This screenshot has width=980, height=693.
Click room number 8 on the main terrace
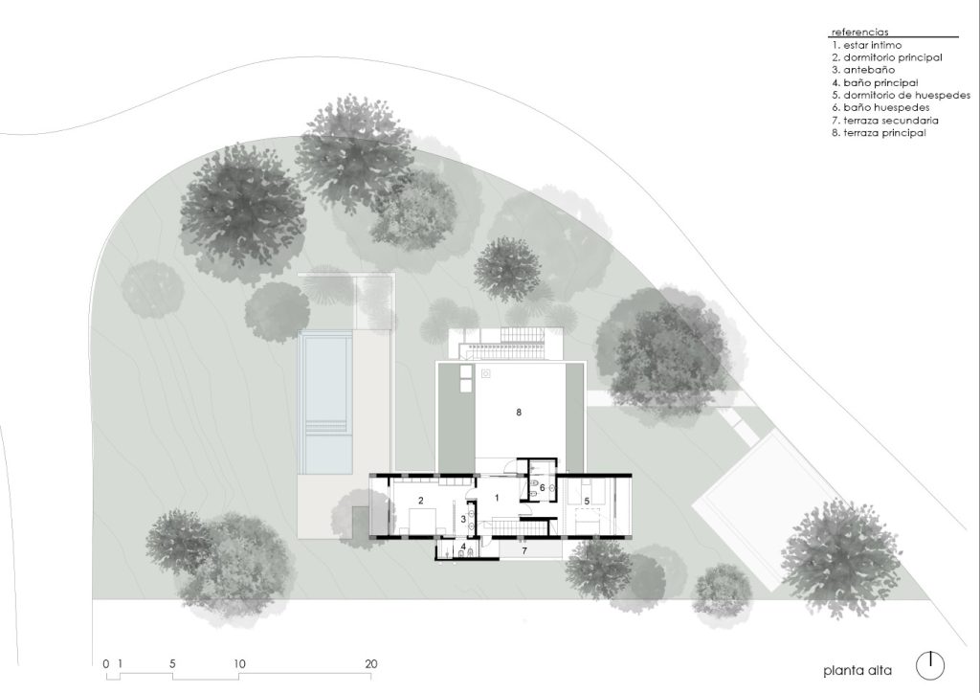tap(519, 413)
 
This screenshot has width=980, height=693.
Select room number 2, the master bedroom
tap(421, 501)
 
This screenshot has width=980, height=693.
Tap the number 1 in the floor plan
tap(497, 498)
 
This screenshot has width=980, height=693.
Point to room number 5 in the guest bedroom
tap(587, 502)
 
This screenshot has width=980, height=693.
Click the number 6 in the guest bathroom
tap(543, 487)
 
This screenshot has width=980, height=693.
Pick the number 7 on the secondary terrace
tap(524, 550)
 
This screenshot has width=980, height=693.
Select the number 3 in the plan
tap(463, 519)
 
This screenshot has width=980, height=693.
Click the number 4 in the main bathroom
tap(463, 547)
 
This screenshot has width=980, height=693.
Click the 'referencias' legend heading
tap(860, 32)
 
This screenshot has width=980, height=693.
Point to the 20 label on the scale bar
tap(371, 663)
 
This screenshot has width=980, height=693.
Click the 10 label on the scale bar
tap(239, 663)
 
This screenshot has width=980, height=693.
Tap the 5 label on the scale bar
tap(172, 663)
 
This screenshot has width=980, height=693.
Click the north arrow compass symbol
tap(930, 665)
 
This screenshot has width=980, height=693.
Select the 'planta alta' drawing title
tap(857, 671)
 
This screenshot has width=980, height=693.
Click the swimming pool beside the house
tap(325, 402)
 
